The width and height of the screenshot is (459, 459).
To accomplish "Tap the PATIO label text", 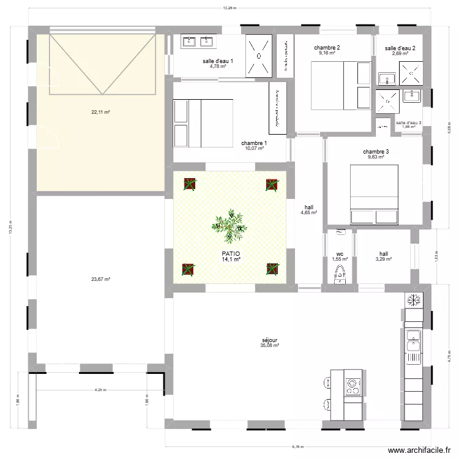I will pos(230,253).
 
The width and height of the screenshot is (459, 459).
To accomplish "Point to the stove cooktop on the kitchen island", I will pos(353,386).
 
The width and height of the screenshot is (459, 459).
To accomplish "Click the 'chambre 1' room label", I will pos(253,142).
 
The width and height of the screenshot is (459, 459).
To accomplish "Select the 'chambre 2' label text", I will pos(327,48).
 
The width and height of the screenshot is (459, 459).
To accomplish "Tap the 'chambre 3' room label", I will pos(376,152).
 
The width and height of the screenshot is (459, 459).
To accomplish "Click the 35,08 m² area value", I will pos(269,345).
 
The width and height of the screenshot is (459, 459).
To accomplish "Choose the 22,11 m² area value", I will pos(100,112).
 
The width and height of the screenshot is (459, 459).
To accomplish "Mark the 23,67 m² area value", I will pos(100,279).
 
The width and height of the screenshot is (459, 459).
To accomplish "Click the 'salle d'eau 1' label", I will pos(218,61).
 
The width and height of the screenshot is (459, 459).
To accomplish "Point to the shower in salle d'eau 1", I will pos(259,56).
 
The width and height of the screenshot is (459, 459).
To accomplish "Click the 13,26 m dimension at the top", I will pos(229,9).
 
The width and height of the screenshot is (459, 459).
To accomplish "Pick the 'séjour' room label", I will pos(269,340).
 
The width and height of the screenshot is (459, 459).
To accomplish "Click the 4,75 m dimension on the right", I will pos(449,357).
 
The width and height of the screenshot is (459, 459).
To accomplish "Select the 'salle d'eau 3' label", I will pos(409,122).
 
